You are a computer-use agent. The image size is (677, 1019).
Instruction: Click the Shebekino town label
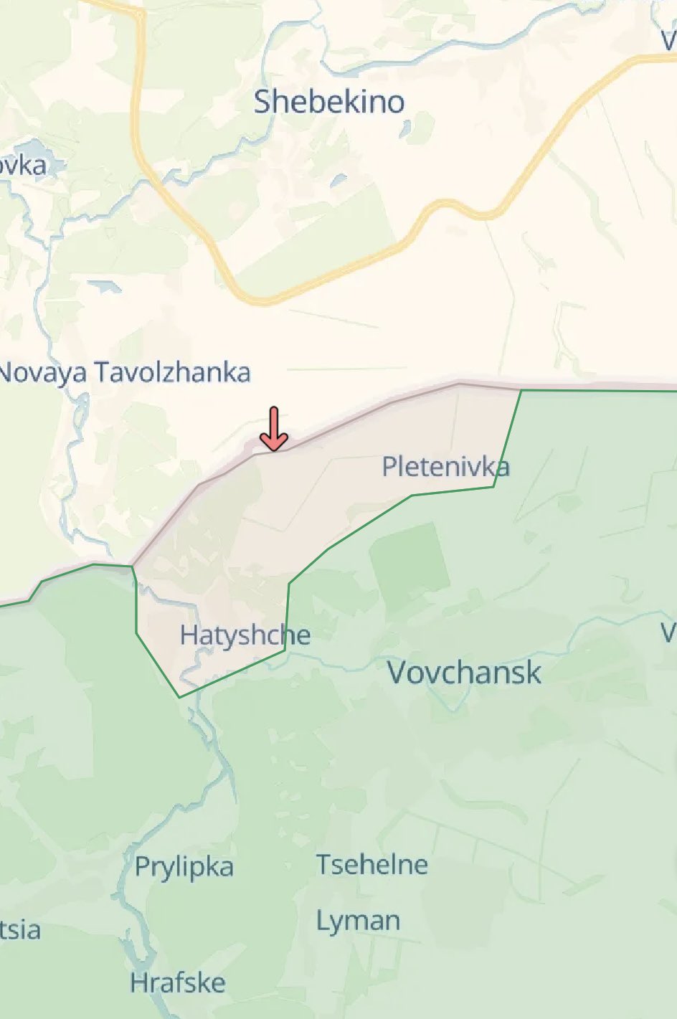pyautogui.click(x=329, y=103)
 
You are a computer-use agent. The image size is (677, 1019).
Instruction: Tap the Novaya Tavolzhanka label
pyautogui.click(x=125, y=373)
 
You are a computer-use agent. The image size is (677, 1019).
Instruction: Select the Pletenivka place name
pyautogui.click(x=445, y=468)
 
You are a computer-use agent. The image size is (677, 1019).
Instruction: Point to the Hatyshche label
pyautogui.click(x=245, y=635)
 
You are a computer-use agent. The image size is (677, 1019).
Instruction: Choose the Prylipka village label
pyautogui.click(x=184, y=867)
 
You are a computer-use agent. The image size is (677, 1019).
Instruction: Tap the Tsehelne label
pyautogui.click(x=372, y=864)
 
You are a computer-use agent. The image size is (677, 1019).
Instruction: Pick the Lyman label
pyautogui.click(x=359, y=921)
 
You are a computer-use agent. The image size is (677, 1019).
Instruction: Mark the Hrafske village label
pyautogui.click(x=178, y=983)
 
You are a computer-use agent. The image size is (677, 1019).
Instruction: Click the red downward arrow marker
pyautogui.click(x=273, y=429)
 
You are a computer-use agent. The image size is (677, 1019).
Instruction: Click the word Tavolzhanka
pyautogui.click(x=173, y=373)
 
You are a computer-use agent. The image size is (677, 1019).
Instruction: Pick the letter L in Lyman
pyautogui.click(x=322, y=921)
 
